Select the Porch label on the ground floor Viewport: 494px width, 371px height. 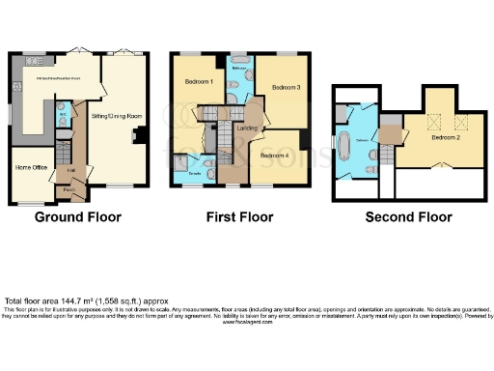(x=69, y=190)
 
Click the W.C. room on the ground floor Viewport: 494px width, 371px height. (x=63, y=112)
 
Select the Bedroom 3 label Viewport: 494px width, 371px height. (x=286, y=87)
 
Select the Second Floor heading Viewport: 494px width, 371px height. (x=408, y=217)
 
